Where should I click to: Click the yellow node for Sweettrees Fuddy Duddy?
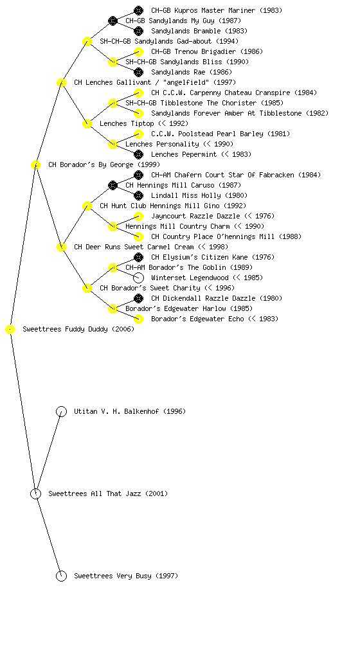pos(10,330)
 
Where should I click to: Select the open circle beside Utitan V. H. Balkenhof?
pos(61,412)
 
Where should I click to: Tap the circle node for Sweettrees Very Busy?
pos(61,576)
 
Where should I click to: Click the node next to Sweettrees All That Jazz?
pos(35,494)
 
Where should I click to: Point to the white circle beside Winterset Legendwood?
pos(138,278)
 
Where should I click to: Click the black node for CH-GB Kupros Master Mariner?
pos(138,10)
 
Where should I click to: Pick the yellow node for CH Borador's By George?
pos(35,165)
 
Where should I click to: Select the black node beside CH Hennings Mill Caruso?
pos(113,185)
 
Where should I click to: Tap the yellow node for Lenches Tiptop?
pos(87,124)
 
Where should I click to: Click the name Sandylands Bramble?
pos(186,31)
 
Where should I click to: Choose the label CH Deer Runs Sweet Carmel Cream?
pos(134,247)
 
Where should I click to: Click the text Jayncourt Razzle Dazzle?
pos(195,216)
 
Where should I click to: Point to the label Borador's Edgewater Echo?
pos(197,319)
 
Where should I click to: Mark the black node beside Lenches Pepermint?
pos(138,154)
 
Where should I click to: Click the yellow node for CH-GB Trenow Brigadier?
pos(138,51)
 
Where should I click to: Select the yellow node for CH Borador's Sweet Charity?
pos(87,289)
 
